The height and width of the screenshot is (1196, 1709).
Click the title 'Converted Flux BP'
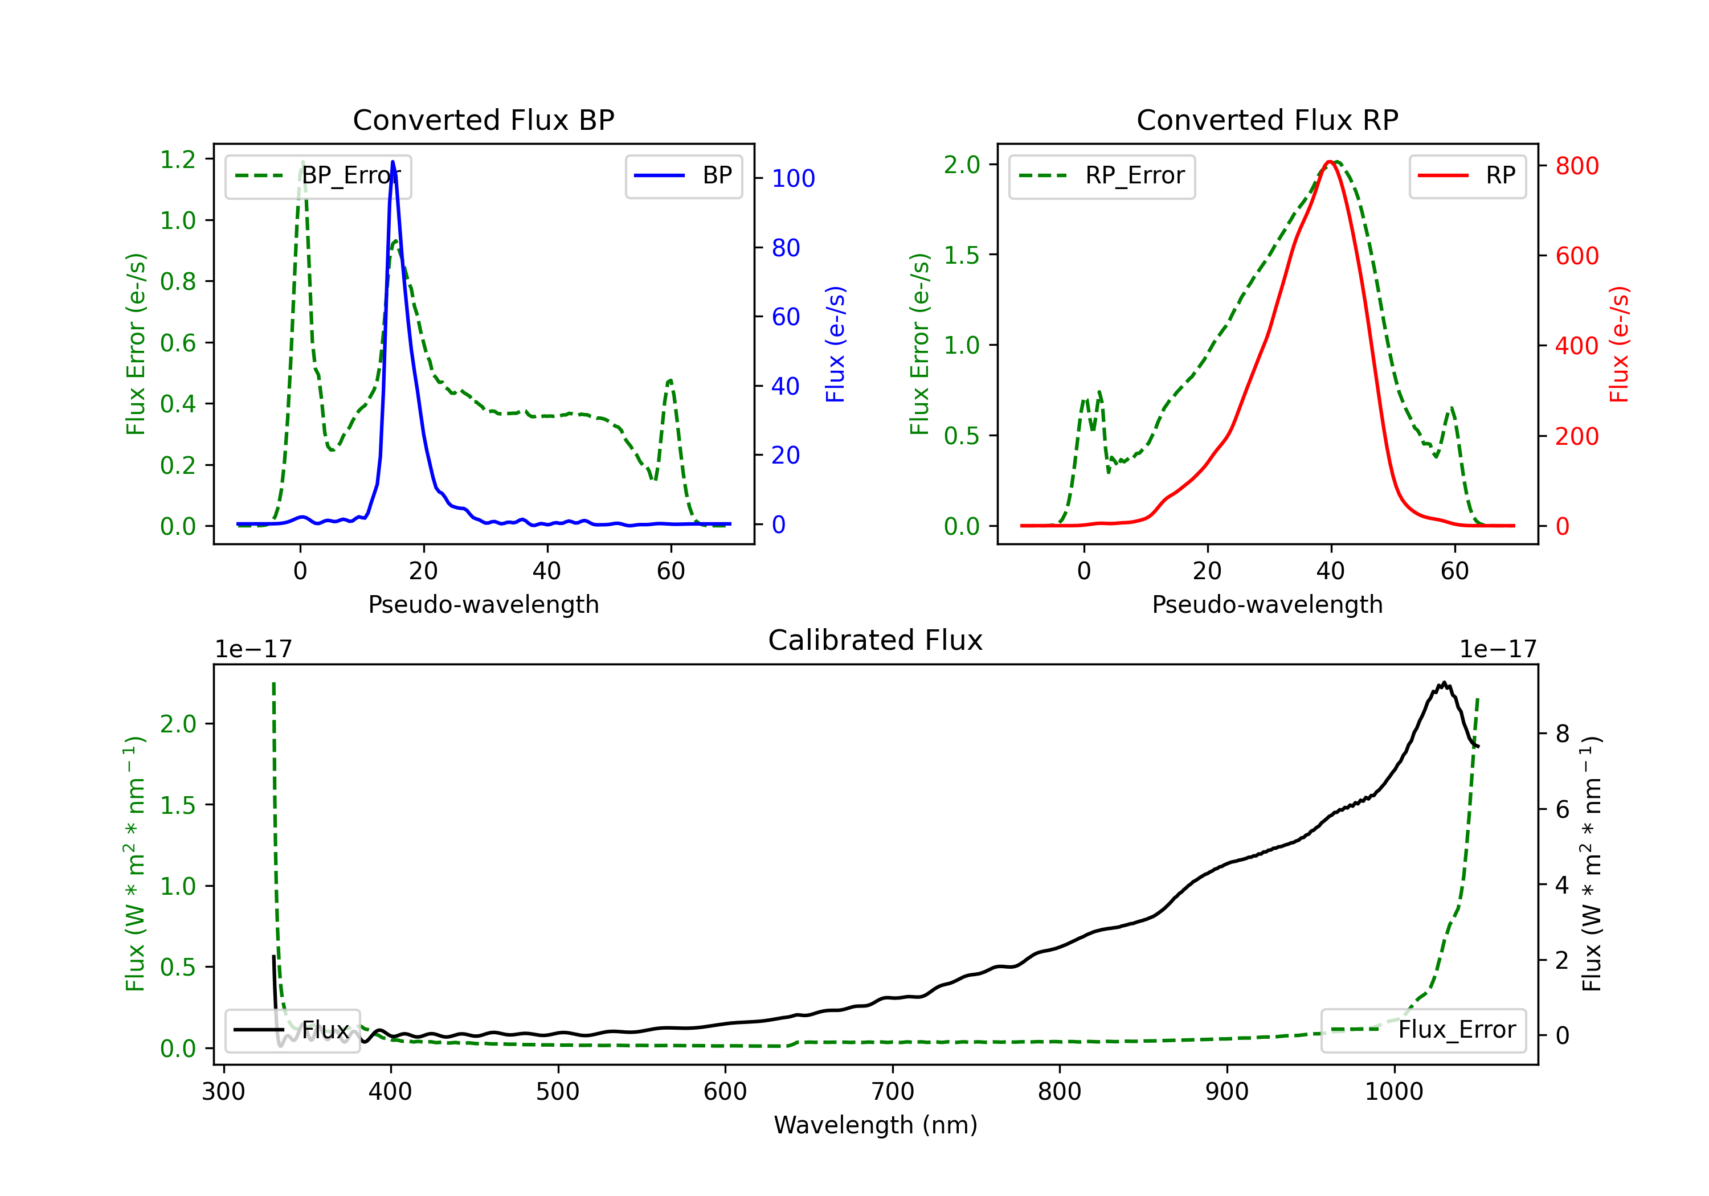(x=483, y=120)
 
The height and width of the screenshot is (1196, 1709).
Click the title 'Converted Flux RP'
(x=1267, y=120)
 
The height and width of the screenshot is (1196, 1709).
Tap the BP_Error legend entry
(x=318, y=177)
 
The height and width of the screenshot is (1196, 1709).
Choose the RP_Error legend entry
(x=1102, y=177)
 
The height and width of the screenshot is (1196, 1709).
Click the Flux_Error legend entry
(x=1423, y=1030)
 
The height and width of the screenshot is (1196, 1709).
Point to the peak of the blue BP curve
(x=393, y=162)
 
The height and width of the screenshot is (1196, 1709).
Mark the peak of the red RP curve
(x=1330, y=162)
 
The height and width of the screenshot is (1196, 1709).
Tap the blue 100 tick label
(x=793, y=179)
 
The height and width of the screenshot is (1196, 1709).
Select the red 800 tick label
(x=1576, y=166)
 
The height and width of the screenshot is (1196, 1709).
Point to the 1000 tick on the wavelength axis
(x=1393, y=1092)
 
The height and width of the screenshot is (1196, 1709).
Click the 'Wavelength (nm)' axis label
(x=876, y=1125)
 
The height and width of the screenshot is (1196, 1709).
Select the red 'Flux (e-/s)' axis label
(x=1620, y=344)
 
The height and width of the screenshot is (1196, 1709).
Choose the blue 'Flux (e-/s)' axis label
(x=836, y=344)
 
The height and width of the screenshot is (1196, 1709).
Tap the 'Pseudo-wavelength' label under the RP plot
(x=1267, y=604)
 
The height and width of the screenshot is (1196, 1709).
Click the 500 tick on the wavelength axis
(x=558, y=1092)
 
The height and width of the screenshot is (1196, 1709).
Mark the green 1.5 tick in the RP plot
(x=962, y=255)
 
